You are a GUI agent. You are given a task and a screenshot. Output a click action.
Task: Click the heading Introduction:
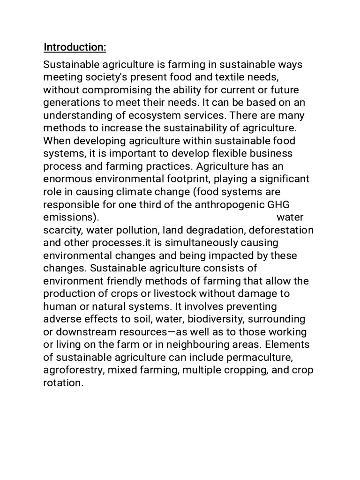tap(75, 47)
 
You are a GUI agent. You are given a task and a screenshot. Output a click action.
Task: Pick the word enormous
tap(66, 180)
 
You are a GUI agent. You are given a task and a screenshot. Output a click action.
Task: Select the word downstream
tap(85, 332)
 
